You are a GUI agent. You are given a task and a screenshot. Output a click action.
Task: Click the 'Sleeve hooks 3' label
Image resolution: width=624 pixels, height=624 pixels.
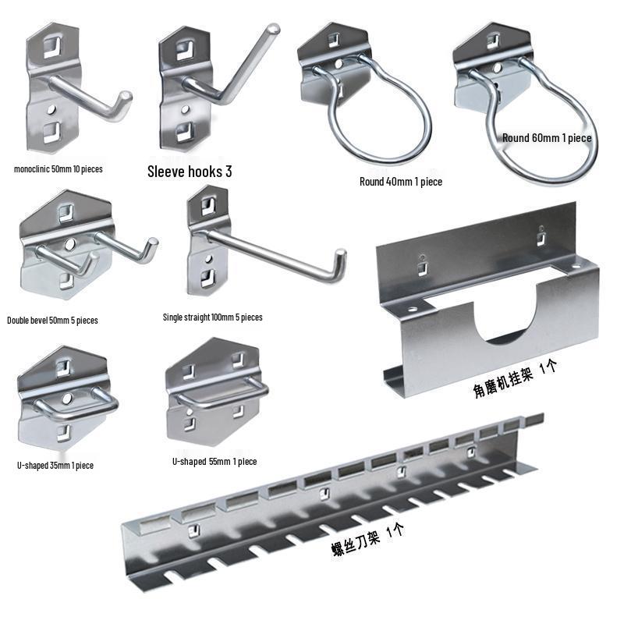click(x=190, y=172)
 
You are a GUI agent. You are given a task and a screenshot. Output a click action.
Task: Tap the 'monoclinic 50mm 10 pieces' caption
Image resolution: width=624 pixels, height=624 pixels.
click(x=58, y=168)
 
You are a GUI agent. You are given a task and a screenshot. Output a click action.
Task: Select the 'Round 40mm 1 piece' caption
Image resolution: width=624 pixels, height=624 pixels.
click(x=401, y=182)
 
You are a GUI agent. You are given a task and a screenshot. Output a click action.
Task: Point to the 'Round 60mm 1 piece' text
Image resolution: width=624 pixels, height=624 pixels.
click(x=546, y=138)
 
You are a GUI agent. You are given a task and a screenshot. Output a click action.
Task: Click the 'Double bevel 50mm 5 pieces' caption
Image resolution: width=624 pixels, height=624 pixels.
click(x=52, y=320)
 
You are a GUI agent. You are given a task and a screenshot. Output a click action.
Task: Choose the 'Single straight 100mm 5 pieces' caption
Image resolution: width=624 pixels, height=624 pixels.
click(x=212, y=317)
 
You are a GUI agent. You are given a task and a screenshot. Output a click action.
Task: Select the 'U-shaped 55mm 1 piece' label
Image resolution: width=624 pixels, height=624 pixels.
click(x=214, y=462)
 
